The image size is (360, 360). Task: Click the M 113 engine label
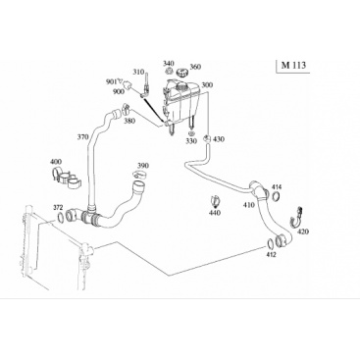point(293,66)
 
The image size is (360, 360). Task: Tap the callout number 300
point(207,85)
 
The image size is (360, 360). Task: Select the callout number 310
point(138,72)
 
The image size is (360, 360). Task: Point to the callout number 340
point(169,63)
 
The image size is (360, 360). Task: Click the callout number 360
point(195,67)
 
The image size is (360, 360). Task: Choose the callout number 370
point(83,137)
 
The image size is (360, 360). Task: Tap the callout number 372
point(58,207)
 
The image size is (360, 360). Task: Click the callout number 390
point(143,166)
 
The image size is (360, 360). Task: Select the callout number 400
point(56,162)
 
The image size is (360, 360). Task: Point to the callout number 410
point(249,205)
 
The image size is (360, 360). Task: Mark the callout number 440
point(215,213)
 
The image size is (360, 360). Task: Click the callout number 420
point(303,232)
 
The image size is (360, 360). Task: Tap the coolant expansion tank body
point(181,102)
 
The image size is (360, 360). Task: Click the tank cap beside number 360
point(181,73)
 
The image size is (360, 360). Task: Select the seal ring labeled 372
point(61,217)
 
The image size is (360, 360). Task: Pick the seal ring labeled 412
point(271,243)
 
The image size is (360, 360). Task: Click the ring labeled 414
point(276,196)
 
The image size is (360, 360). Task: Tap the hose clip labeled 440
point(215,201)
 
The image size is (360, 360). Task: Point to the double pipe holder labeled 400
point(68,179)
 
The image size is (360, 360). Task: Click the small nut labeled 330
point(191,133)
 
